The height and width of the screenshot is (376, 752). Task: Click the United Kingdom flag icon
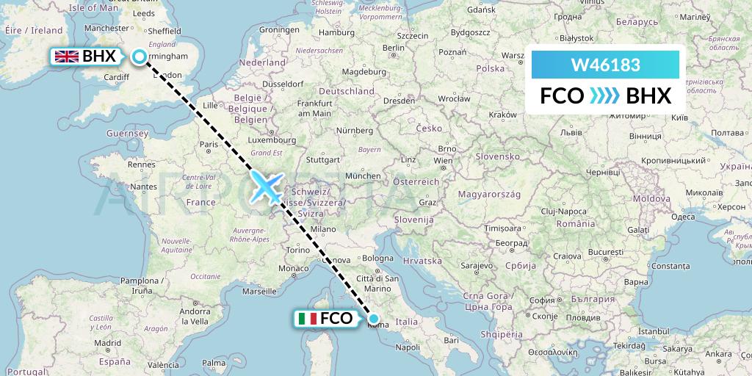click(x=68, y=56)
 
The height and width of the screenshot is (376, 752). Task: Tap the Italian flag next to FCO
click(x=307, y=319)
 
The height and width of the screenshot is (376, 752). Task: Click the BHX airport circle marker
click(x=140, y=56)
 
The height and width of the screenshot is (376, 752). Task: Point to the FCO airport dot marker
click(x=375, y=319)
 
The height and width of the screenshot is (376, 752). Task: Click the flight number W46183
click(x=605, y=65)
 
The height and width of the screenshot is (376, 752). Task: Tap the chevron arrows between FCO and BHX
click(x=605, y=95)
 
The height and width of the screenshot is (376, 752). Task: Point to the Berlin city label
click(x=394, y=48)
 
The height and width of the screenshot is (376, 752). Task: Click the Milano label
click(x=322, y=230)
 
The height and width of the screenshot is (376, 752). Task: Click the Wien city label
click(x=443, y=160)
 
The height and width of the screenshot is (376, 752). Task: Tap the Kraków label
click(x=503, y=115)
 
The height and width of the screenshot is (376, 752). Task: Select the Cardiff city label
click(x=117, y=76)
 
